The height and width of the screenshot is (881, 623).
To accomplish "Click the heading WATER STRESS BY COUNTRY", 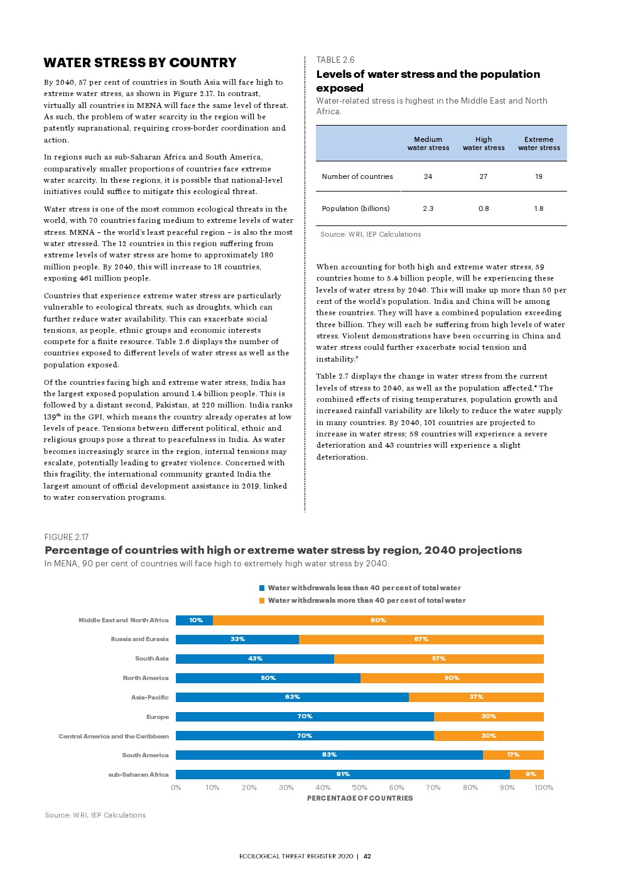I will [140, 63].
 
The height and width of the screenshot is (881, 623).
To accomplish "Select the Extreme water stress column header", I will [539, 144].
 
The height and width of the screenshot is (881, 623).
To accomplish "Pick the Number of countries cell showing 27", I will [484, 176].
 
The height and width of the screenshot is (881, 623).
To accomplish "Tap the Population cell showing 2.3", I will [428, 208].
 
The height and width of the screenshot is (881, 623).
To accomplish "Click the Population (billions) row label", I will [355, 208].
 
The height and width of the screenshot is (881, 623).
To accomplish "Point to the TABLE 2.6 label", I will [335, 60].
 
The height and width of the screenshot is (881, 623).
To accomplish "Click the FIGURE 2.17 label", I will [67, 537].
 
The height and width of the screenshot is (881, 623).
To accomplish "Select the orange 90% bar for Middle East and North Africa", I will [378, 620].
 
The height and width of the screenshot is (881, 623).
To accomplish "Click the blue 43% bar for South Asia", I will [255, 659].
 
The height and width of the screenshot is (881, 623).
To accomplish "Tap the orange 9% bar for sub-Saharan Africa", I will [527, 774].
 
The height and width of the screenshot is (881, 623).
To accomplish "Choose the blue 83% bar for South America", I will [329, 755].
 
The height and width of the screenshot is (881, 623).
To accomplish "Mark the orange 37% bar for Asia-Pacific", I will [476, 697].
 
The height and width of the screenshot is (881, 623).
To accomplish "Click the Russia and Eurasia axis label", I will [139, 639].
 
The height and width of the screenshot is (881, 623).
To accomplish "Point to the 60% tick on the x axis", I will [396, 787].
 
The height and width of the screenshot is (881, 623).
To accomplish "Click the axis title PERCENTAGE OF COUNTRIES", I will [360, 798].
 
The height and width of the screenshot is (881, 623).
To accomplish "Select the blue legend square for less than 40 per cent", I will [262, 588].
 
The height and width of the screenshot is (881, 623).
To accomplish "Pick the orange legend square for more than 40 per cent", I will [262, 601].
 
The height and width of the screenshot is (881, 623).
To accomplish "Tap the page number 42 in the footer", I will [367, 856].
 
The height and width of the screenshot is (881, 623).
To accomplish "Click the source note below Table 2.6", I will [371, 234].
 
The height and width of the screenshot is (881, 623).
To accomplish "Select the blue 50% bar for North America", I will [268, 678].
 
